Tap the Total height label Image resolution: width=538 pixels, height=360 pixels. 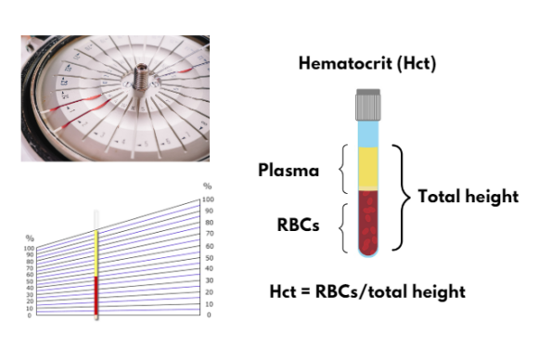(468, 197)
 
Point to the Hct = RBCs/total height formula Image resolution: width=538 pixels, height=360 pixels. (366, 292)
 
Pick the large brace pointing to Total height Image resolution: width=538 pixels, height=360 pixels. (403, 197)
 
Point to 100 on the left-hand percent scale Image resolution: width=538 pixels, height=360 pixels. (29, 249)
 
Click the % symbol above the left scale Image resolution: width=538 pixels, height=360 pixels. (31, 238)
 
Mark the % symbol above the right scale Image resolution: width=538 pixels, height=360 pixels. (208, 186)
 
